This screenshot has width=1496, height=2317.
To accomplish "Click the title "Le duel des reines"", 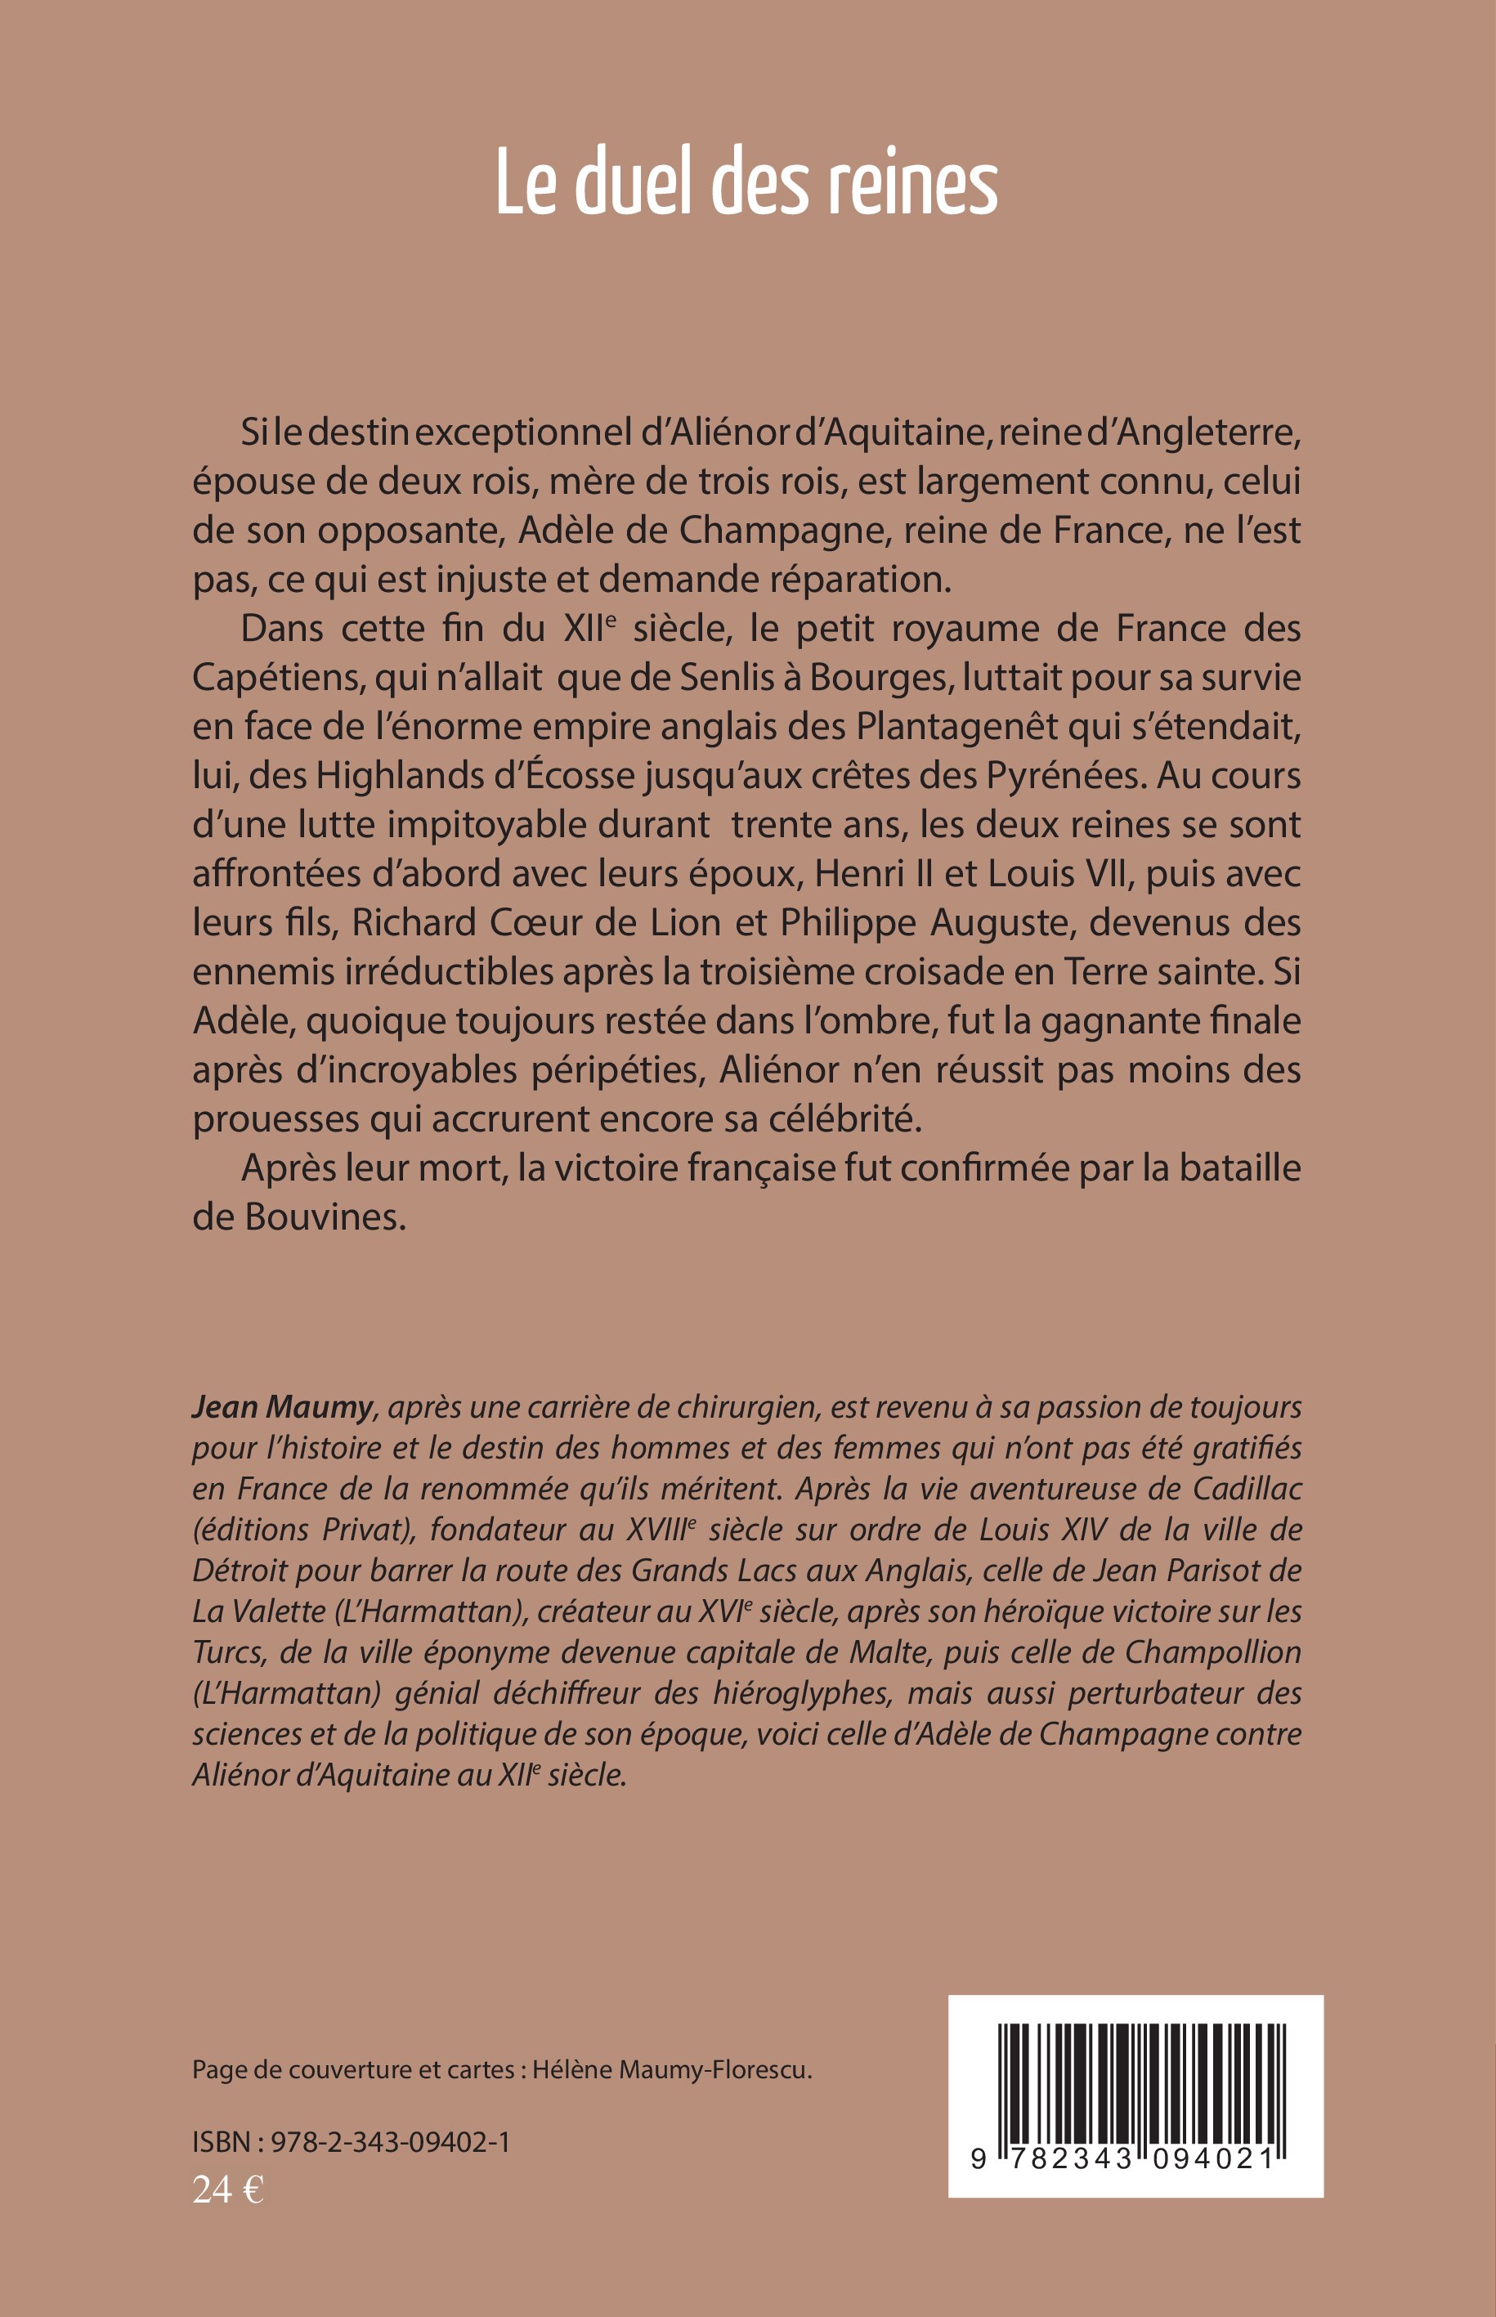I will (746, 182).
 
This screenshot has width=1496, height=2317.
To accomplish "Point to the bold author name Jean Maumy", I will (282, 1408).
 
